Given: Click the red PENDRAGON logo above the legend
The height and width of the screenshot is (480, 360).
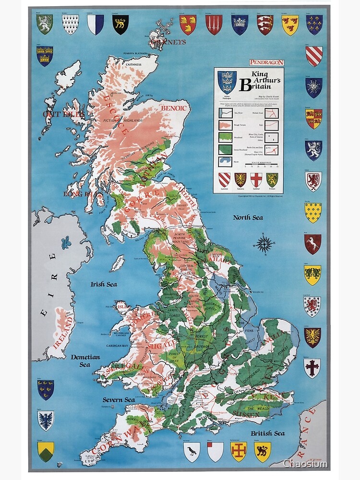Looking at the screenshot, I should (x=266, y=62).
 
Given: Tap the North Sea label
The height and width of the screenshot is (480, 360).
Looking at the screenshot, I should (x=248, y=217).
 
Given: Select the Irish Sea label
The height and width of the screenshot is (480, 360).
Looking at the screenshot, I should (x=104, y=284).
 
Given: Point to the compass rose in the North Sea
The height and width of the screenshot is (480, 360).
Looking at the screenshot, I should (x=264, y=244).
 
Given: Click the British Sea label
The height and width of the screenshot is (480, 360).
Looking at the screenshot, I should (x=267, y=433).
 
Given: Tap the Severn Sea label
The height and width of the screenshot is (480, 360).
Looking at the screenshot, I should (x=119, y=399).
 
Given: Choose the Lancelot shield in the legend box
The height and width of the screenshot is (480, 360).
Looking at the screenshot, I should (x=224, y=180).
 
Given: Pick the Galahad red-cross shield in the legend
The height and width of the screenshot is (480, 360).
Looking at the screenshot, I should (x=256, y=180).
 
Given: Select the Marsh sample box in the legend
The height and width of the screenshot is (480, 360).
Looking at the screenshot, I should (x=225, y=161).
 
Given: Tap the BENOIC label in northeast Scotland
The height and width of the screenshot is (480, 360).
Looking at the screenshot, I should (x=173, y=108).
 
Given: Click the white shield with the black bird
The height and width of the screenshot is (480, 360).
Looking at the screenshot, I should (x=192, y=452).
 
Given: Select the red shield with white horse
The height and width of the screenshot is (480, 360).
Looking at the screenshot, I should (x=312, y=243).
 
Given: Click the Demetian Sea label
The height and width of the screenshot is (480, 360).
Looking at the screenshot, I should (x=85, y=360).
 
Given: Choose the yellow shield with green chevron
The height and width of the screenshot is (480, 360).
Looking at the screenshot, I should (x=46, y=451).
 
